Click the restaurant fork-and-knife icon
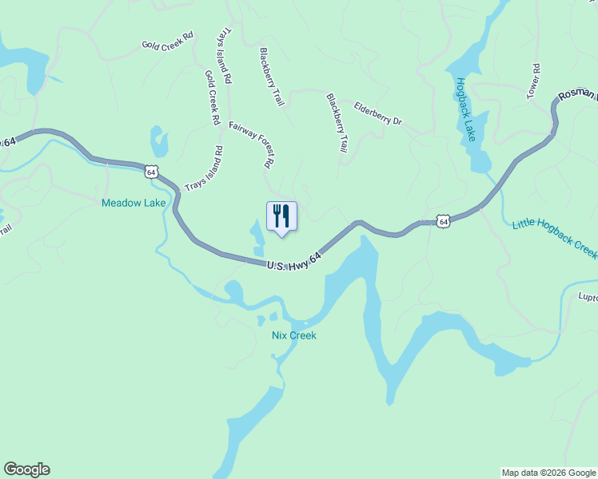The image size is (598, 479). pos(281,216)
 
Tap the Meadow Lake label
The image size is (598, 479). pos(134,203)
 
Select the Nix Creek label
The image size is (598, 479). pos(293,335)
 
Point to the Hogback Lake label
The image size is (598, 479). pos(466,109)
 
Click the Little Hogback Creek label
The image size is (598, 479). pos(554,237)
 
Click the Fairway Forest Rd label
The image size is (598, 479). pos(252,144)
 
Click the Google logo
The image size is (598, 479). pos(26,469)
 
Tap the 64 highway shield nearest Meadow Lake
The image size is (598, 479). pos(152,171)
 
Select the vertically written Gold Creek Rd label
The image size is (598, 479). pos(212,97)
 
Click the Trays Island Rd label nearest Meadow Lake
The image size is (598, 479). pos(204,168)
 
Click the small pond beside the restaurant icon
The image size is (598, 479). pos(258,239)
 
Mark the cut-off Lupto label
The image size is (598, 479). pos(588,296)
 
